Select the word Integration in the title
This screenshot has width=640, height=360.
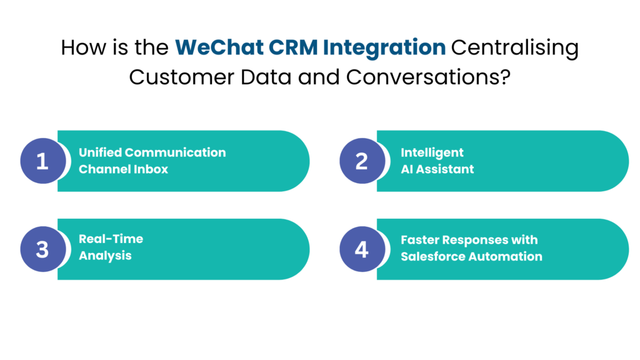tap(384, 48)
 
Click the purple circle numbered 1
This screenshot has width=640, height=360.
tap(42, 161)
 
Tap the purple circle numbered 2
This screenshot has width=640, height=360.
tap(361, 161)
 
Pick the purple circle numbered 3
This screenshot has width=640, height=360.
tap(42, 249)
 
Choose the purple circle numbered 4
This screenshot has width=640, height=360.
tap(361, 249)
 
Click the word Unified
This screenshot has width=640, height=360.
tap(100, 152)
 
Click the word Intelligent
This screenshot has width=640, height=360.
tap(432, 152)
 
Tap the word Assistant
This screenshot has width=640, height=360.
tap(446, 169)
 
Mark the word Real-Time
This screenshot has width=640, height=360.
tap(111, 239)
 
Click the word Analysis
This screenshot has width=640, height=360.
tap(105, 256)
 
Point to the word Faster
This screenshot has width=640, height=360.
tap(421, 240)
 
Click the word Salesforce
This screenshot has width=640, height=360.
tap(432, 256)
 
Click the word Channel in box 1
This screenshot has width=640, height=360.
tap(102, 169)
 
